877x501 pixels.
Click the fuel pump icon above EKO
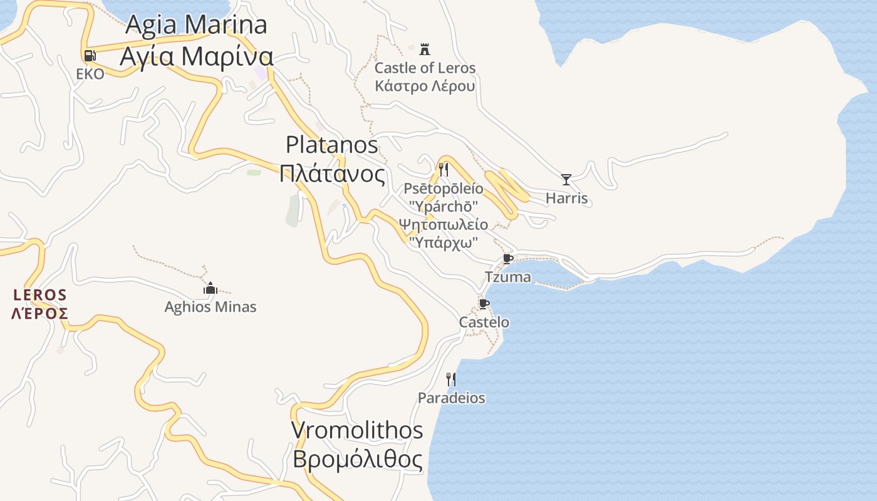pos(90,56)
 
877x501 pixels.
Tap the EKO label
pos(90,74)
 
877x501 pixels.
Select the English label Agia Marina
pos(196,25)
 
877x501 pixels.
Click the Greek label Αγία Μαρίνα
pos(196,56)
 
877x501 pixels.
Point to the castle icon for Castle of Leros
pos(425,49)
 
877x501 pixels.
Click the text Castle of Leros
pos(425,68)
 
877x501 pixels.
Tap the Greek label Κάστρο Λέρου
pos(425,86)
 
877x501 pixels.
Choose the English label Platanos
pos(331,145)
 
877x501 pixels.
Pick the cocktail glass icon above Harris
pos(566,180)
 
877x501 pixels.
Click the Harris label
pos(566,199)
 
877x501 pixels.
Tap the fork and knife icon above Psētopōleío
pos(443,169)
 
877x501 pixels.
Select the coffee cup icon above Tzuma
pos(508,259)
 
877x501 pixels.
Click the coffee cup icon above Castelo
pos(484,304)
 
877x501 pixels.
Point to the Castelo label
pos(484,323)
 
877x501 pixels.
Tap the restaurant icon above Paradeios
pos(450,379)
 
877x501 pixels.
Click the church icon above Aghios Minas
pos(210,288)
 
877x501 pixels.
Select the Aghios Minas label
pos(210,307)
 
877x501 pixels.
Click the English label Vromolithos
pos(357,430)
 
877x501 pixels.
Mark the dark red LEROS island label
pos(40,294)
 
